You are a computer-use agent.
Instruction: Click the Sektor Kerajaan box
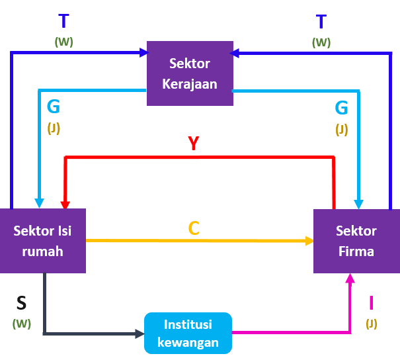pyautogui.click(x=190, y=73)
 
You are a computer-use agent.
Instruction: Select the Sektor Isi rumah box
pyautogui.click(x=43, y=241)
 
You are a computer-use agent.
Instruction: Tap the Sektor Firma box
pyautogui.click(x=356, y=241)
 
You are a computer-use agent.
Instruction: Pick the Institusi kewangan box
pyautogui.click(x=188, y=333)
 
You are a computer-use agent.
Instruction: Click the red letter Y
pyautogui.click(x=193, y=143)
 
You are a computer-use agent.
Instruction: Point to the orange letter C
pyautogui.click(x=194, y=228)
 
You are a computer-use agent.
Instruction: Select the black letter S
pyautogui.click(x=21, y=303)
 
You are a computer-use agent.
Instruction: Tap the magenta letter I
pyautogui.click(x=371, y=302)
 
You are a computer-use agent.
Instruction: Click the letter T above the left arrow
pyautogui.click(x=63, y=21)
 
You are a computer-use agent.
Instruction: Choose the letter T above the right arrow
pyautogui.click(x=321, y=22)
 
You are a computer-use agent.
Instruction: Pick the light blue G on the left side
pyautogui.click(x=54, y=106)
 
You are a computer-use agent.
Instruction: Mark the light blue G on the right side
pyautogui.click(x=342, y=107)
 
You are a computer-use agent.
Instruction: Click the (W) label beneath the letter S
pyautogui.click(x=22, y=324)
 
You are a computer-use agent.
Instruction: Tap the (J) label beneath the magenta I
pyautogui.click(x=372, y=324)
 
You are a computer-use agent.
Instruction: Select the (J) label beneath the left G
pyautogui.click(x=54, y=128)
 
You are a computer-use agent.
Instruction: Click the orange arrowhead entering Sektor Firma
pyautogui.click(x=309, y=241)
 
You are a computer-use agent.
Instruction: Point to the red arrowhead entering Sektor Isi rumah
pyautogui.click(x=65, y=204)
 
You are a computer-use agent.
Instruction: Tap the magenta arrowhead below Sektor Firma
pyautogui.click(x=350, y=279)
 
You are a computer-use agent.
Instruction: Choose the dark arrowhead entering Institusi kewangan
pyautogui.click(x=140, y=334)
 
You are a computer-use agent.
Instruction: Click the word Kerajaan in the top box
pyautogui.click(x=190, y=84)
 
